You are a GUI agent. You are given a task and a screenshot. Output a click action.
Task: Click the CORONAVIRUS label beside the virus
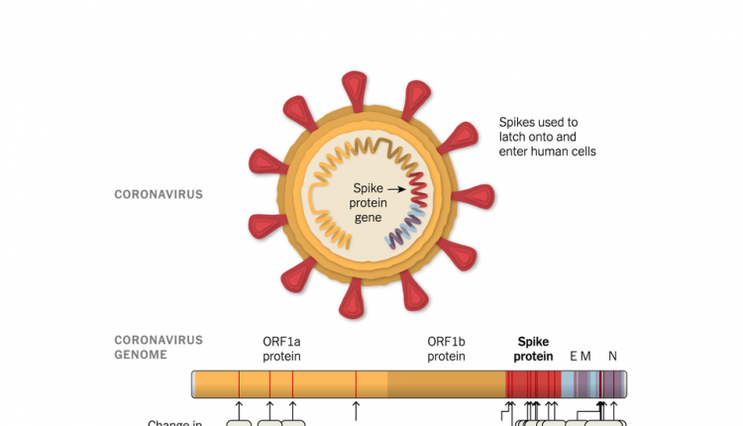[159, 194]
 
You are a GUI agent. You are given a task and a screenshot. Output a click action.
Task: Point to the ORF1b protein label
[446, 348]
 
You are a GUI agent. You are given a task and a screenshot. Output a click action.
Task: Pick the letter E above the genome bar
[574, 355]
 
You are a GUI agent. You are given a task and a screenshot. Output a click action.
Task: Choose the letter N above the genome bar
[612, 355]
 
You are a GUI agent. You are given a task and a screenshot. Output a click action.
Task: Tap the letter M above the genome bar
[586, 355]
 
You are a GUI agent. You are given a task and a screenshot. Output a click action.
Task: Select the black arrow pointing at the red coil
[396, 188]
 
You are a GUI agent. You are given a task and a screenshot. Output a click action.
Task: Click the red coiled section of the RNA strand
[418, 189]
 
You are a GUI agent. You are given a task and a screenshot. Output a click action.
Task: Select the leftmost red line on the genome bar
[239, 384]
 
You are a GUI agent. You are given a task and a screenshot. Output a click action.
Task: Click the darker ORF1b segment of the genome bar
[446, 384]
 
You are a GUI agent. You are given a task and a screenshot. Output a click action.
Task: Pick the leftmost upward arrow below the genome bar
[239, 407]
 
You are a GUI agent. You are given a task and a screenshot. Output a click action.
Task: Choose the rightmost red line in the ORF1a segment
[356, 384]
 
